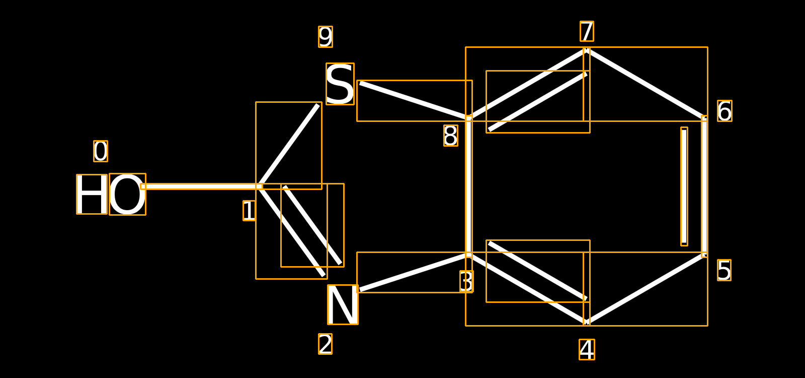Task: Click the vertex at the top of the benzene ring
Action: point(587,50)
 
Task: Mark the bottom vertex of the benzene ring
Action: point(587,322)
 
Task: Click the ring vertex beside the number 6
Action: point(704,118)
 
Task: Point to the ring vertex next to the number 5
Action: point(704,255)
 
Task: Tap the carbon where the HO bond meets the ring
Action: point(259,186)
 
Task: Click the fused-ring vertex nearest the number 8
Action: point(468,118)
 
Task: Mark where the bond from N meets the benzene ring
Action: point(468,255)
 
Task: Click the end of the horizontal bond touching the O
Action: point(143,186)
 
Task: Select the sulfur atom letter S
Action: point(340,84)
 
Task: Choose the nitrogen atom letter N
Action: point(343,304)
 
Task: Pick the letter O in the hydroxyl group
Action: point(128,195)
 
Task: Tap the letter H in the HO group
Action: point(92,195)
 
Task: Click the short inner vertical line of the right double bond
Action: point(684,186)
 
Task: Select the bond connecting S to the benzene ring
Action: point(415,101)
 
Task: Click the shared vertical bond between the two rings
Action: point(468,186)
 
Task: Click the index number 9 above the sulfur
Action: point(326,37)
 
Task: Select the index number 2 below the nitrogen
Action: point(325,344)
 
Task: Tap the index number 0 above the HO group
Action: point(101,151)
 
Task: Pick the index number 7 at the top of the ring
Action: point(587,31)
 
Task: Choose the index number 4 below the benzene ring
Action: point(587,350)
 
